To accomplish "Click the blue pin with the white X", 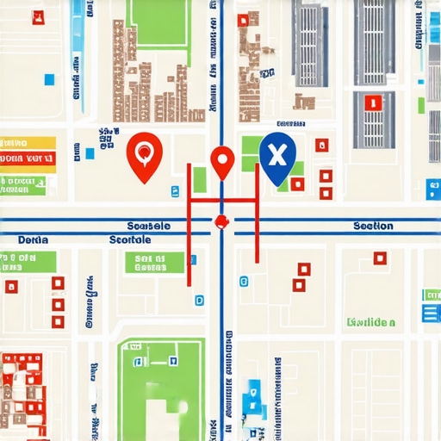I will point(276,157).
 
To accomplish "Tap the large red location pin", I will point(144,156).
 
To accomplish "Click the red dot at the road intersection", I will point(221,221).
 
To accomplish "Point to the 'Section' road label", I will point(373,227).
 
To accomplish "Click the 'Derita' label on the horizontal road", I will point(34,239).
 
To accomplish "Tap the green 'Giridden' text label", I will point(371,323).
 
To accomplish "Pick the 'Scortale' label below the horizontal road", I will point(130,239).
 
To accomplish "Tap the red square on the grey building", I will point(373,103).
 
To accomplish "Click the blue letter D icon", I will point(200,301).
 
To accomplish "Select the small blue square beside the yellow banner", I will point(90,154).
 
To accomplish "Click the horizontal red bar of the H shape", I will point(222,201).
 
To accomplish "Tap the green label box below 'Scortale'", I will point(154,262).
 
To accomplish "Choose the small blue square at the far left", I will point(49,80).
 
